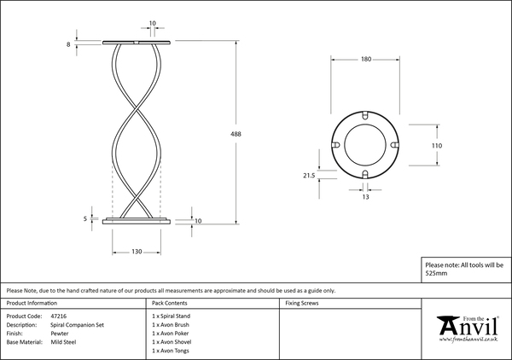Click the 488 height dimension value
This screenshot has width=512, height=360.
click(x=236, y=134)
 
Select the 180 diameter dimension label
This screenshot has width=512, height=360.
click(x=366, y=59)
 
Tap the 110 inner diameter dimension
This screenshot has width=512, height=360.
click(x=437, y=146)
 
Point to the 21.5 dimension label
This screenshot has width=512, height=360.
click(x=309, y=176)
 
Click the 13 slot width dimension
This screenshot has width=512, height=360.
click(x=365, y=197)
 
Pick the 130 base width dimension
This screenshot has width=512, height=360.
click(x=137, y=252)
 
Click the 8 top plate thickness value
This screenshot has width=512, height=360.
click(x=68, y=44)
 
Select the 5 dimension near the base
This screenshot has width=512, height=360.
click(x=85, y=218)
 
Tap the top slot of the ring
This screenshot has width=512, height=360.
click(x=365, y=116)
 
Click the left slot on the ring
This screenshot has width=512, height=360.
click(x=335, y=145)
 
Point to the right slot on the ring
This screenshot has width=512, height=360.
click(x=395, y=145)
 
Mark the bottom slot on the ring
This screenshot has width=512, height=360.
click(x=365, y=174)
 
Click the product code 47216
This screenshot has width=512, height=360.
click(x=59, y=316)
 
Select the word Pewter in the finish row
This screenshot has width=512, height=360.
click(x=60, y=334)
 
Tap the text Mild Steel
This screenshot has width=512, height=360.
click(x=63, y=342)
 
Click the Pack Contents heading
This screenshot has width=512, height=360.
click(x=170, y=303)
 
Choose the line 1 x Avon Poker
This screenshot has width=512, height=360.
click(x=171, y=334)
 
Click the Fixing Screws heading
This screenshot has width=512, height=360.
click(x=302, y=303)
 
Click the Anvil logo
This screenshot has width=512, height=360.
click(x=468, y=328)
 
